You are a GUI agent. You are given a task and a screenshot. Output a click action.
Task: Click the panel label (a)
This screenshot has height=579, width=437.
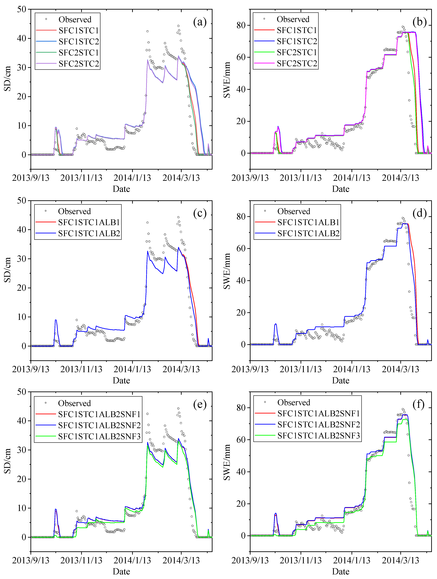coord(200,22)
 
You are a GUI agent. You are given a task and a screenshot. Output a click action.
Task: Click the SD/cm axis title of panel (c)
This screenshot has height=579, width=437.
coord(7,270)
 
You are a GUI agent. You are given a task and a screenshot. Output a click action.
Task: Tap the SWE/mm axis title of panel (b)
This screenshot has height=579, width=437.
coord(227,80)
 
